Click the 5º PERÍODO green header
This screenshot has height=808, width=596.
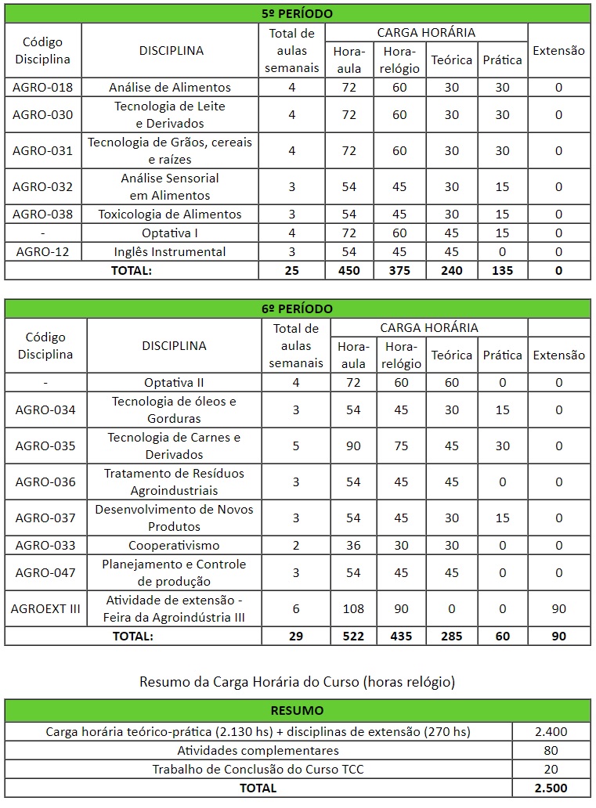click(x=297, y=13)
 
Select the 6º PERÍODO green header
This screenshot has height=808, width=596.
click(x=297, y=308)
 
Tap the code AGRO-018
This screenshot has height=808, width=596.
click(x=43, y=87)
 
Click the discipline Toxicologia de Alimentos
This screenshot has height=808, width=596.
click(x=170, y=214)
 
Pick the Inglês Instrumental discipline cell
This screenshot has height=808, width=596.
click(x=170, y=251)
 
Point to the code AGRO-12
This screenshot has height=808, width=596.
click(x=43, y=251)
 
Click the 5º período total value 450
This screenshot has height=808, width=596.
click(x=349, y=270)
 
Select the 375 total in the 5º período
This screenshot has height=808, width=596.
click(x=399, y=270)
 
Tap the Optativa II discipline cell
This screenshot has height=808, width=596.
click(x=174, y=382)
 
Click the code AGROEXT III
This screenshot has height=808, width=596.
click(x=46, y=608)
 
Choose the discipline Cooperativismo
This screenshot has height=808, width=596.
click(x=174, y=545)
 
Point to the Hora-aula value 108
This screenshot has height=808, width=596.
click(x=353, y=608)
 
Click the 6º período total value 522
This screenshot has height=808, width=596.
click(x=353, y=637)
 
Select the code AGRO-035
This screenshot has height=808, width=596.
click(x=45, y=445)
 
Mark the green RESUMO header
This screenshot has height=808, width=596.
click(x=297, y=711)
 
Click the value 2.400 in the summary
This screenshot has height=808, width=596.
click(x=551, y=732)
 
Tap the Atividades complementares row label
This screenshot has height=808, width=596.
click(x=258, y=751)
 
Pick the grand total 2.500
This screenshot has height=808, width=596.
click(x=551, y=788)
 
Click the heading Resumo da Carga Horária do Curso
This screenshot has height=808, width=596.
click(x=297, y=681)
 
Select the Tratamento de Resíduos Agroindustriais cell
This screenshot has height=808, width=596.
click(x=174, y=482)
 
